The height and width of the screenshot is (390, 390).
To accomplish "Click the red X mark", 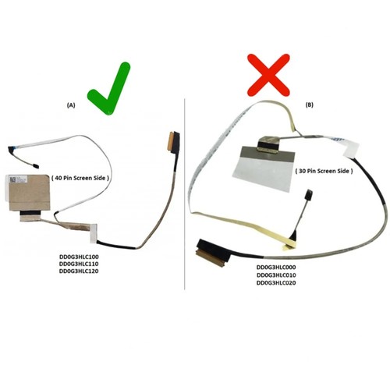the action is [268, 75].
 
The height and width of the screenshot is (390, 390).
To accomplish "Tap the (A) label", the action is [71, 105].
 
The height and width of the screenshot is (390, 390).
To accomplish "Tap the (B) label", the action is [310, 105].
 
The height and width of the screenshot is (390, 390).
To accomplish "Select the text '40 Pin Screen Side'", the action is [80, 178].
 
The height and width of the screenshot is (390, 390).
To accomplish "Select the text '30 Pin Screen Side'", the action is [324, 171].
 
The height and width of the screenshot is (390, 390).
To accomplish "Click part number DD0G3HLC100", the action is [79, 257].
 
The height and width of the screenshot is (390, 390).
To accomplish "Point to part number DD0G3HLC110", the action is [79, 264].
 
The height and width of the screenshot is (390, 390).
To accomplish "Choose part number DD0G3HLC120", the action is [79, 271].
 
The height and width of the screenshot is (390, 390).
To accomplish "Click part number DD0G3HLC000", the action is [276, 268].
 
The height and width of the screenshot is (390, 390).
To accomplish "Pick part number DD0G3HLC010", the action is [276, 275].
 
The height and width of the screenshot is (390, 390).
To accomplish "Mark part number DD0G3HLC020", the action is [276, 283].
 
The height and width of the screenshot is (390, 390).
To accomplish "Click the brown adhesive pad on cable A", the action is [30, 193].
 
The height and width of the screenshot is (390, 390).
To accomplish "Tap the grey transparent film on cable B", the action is [264, 170].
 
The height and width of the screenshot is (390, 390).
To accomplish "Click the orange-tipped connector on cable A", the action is [173, 140].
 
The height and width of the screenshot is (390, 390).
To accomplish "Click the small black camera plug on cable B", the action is [309, 194].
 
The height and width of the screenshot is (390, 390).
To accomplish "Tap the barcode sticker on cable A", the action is [16, 179].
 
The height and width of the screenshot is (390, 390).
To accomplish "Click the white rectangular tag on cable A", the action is [94, 233].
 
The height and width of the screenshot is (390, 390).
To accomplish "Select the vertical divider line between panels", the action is [185, 194].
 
